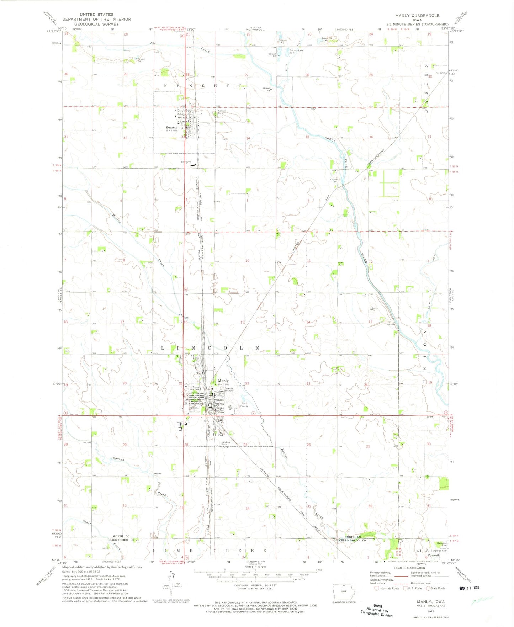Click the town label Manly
tap(223, 381)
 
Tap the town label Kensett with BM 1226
tap(171, 127)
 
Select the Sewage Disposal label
tap(229, 389)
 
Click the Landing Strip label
tap(226, 443)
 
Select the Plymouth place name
tap(434, 555)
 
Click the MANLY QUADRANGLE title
tap(417, 16)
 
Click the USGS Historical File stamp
tap(378, 610)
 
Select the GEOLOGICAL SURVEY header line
tap(96, 24)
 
